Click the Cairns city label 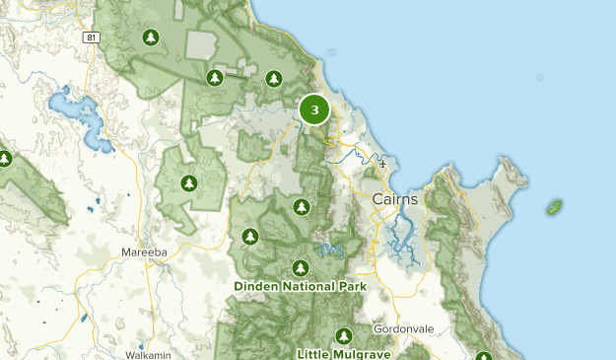[x=395, y=199]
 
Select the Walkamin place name [x=122, y=352]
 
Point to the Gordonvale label [x=404, y=328]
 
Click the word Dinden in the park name [x=257, y=286]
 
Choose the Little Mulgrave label [x=344, y=352]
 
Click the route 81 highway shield [x=92, y=37]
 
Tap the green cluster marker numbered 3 [x=314, y=109]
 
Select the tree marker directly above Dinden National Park [x=301, y=267]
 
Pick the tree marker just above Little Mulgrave [x=343, y=335]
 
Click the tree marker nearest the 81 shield [x=150, y=38]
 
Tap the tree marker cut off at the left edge [x=4, y=158]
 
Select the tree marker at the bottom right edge [x=484, y=356]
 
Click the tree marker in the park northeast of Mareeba [x=188, y=182]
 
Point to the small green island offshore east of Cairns [x=555, y=207]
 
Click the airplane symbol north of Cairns [x=382, y=164]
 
